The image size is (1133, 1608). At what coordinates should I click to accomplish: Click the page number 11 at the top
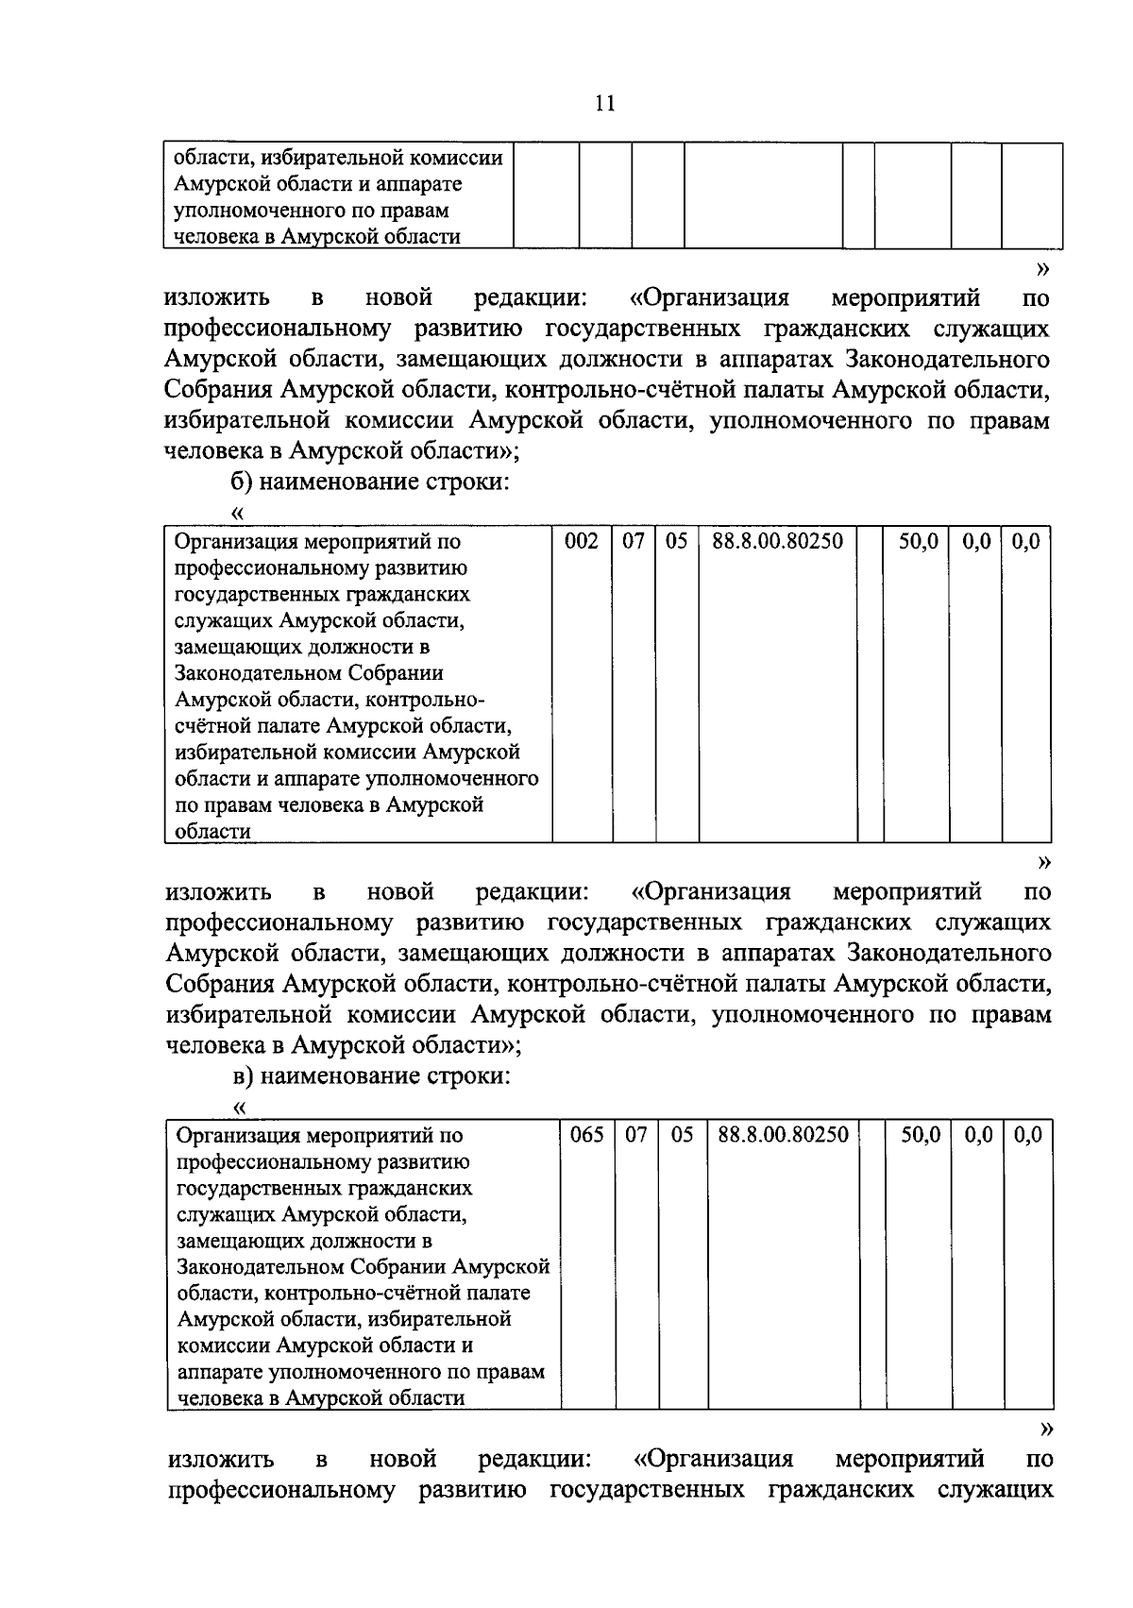pos(605,103)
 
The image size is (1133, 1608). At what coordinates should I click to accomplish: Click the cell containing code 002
pos(581,542)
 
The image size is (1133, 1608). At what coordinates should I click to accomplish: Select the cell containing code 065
pos(586,1135)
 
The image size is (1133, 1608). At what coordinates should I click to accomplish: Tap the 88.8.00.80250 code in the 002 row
pos(777,542)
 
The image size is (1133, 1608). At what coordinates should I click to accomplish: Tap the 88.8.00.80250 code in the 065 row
pos(783,1135)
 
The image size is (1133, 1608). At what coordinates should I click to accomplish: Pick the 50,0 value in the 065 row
pos(920,1135)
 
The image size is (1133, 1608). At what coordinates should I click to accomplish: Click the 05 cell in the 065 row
pos(682,1135)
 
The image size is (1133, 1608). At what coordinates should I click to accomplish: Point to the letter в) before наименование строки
pos(242,1076)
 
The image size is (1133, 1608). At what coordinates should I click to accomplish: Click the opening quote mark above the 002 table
pos(237,514)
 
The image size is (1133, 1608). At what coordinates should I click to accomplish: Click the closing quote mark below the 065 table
pos(1044,1428)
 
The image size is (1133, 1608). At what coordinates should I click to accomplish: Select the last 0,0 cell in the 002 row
pos(1024,542)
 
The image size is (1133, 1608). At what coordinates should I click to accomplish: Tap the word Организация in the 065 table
pos(237,1135)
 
